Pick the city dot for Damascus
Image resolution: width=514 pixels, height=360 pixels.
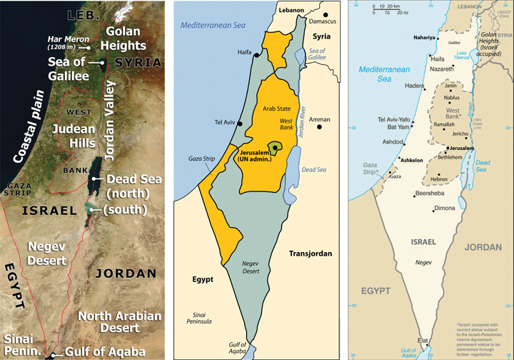tap(326, 14)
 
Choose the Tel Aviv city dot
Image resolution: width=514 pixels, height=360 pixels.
tap(241, 124)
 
